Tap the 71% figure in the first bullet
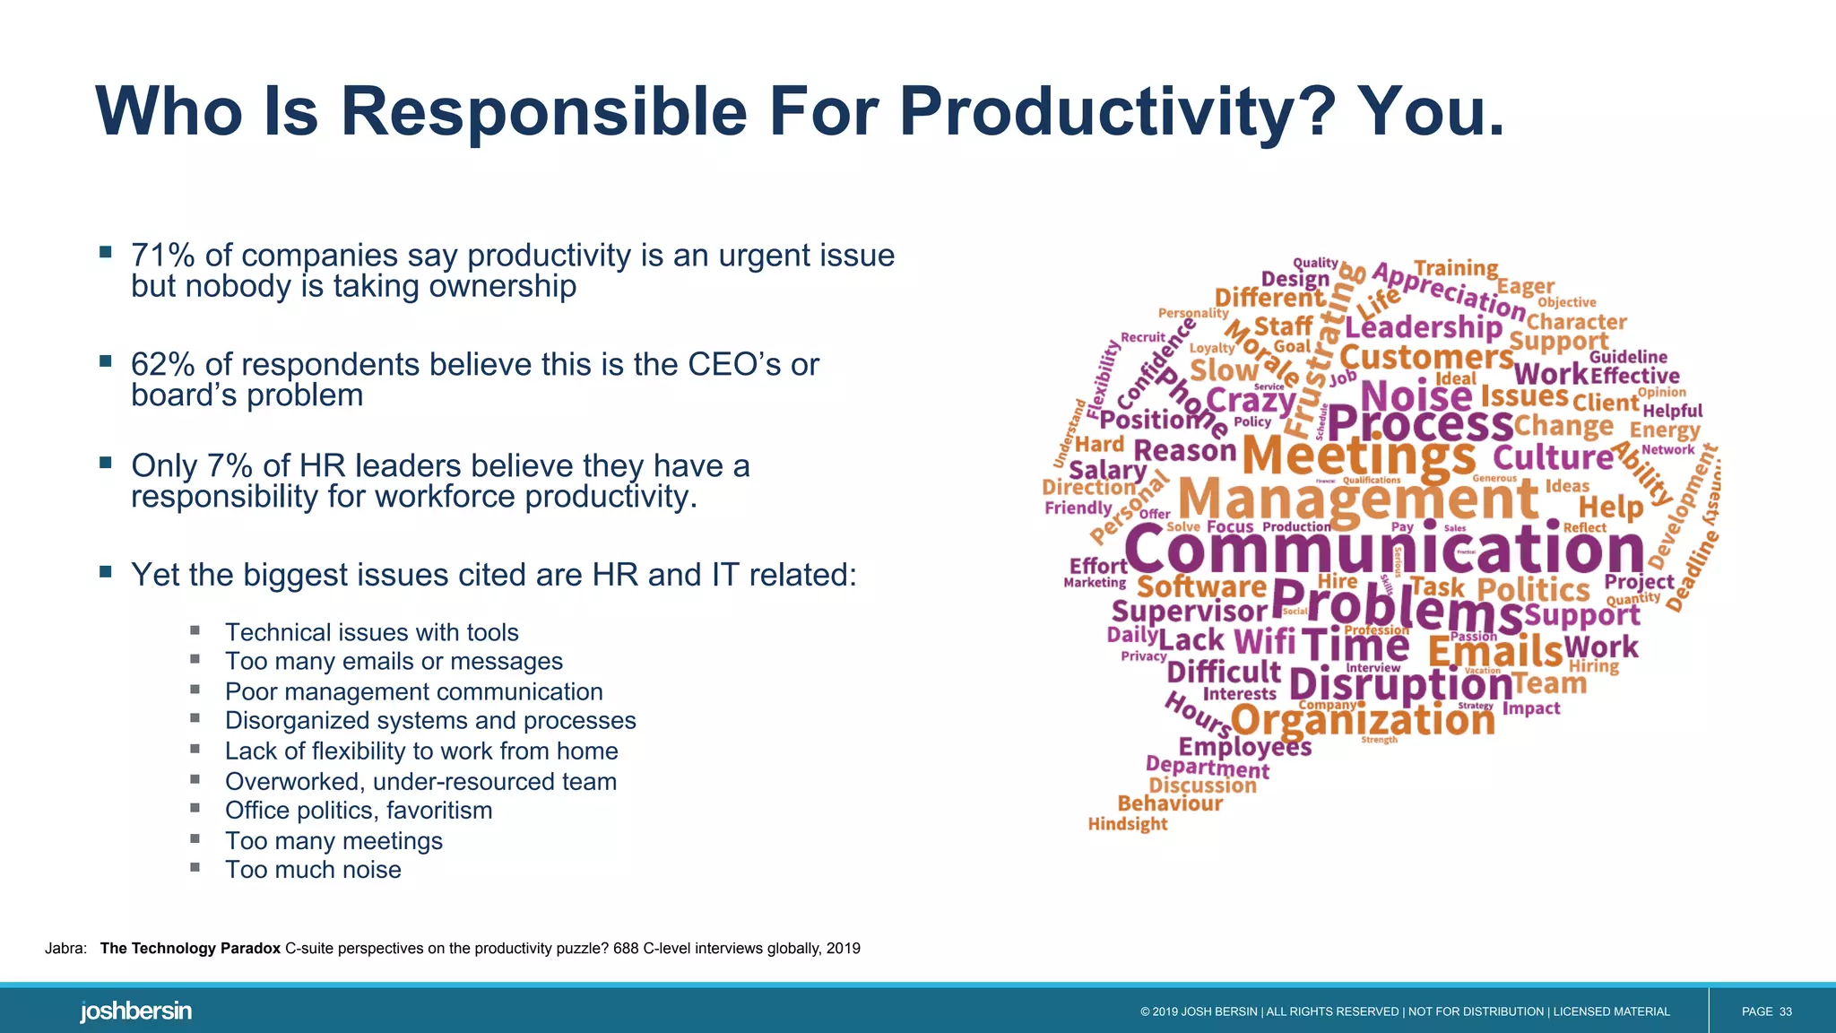[x=162, y=256]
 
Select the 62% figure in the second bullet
[x=162, y=365]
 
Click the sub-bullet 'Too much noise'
[x=313, y=870]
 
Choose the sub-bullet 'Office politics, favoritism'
[x=359, y=811]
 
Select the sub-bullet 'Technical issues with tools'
[x=371, y=633]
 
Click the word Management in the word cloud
[x=1358, y=499]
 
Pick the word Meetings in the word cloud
[x=1358, y=456]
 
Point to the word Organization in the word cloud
[x=1363, y=719]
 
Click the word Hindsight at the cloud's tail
[x=1127, y=824]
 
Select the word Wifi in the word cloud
[x=1264, y=641]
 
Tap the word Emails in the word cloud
[x=1494, y=650]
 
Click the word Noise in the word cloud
[x=1416, y=396]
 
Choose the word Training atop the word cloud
[x=1455, y=268]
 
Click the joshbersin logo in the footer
[x=135, y=1011]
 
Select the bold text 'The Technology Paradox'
[x=190, y=949]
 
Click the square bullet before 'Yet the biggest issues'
[x=106, y=571]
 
